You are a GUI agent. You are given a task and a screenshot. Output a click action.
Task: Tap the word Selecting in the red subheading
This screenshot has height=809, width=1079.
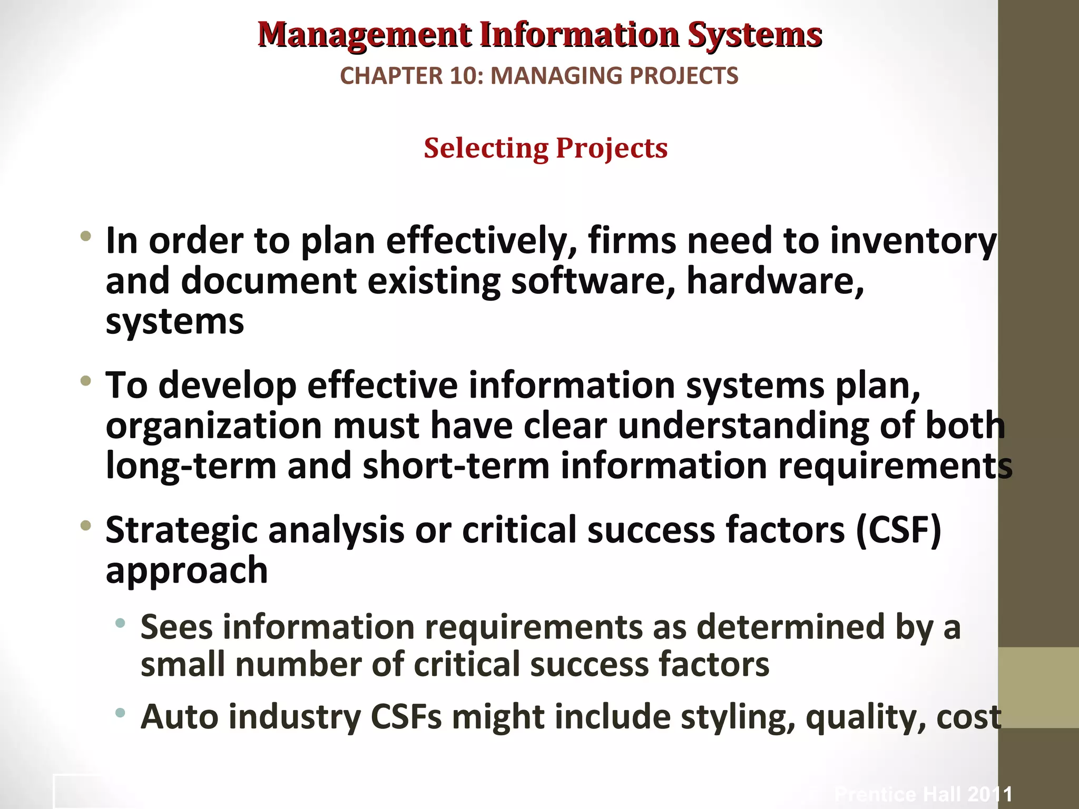coord(486,148)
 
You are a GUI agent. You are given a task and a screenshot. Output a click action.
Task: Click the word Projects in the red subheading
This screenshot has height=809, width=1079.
coord(612,148)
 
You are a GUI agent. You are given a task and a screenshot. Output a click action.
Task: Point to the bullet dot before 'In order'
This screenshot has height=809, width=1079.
coord(85,236)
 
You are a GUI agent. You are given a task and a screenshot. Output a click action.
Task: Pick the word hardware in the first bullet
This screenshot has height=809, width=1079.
coord(775,281)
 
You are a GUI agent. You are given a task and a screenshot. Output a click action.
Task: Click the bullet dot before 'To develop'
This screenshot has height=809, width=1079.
coord(85,380)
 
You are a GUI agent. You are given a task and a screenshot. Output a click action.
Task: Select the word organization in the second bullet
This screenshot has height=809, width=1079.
coord(213,426)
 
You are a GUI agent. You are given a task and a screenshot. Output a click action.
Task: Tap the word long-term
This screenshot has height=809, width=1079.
coord(191,466)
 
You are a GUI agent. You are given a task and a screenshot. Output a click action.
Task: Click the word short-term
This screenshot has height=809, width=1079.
coord(456,466)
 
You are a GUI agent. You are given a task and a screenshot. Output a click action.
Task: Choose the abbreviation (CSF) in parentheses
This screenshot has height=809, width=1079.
coord(898,530)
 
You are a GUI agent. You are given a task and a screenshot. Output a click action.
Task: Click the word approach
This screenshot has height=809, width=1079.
coord(187,570)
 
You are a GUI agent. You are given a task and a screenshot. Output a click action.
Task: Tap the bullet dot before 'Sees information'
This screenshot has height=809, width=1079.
coord(121,624)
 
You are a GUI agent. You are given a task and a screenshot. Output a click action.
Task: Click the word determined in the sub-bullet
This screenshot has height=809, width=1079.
coord(790,627)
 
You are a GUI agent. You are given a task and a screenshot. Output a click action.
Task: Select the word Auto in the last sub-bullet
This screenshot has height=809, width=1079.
coord(179,717)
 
